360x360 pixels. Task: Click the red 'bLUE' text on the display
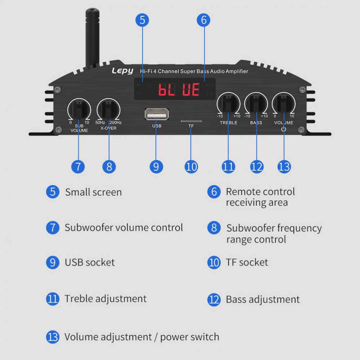[179, 89]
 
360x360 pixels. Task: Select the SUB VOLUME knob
[79, 108]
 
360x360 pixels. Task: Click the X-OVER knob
[108, 108]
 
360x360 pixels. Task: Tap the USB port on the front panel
[156, 114]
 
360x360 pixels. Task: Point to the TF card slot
[191, 122]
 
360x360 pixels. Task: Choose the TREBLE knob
[229, 104]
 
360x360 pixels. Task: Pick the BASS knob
[256, 104]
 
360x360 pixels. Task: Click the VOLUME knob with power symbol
[284, 104]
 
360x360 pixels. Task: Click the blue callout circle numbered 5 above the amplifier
[142, 20]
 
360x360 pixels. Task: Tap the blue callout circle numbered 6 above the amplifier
[203, 20]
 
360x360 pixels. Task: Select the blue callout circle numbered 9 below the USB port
[156, 166]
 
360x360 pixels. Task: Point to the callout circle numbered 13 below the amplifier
[284, 166]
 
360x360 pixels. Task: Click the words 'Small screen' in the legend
[93, 192]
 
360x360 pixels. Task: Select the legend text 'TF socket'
[247, 262]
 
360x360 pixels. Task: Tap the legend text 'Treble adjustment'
[105, 299]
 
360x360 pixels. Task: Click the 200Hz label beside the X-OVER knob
[116, 123]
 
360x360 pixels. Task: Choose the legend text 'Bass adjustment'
[263, 299]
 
